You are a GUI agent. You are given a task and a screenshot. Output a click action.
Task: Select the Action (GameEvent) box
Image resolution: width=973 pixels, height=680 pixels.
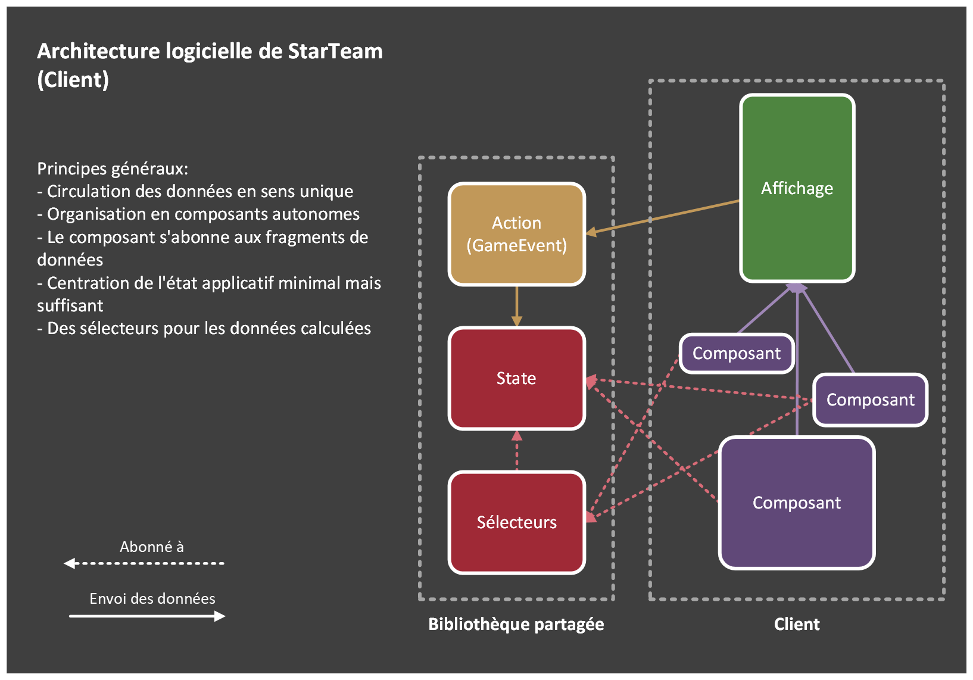pos(516,234)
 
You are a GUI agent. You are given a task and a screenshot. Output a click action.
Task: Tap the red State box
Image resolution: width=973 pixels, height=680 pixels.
pos(516,378)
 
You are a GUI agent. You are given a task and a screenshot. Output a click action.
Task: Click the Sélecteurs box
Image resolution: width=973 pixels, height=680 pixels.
pos(516,522)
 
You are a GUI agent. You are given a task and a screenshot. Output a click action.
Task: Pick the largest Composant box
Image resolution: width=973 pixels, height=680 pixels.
pos(797,503)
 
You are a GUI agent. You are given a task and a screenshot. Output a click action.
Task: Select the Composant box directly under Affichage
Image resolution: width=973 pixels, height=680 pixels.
pos(737,354)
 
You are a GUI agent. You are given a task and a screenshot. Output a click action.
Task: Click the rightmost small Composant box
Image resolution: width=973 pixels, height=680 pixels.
pos(870,400)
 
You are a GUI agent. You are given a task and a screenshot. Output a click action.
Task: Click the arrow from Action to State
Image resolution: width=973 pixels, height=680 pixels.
pos(516,305)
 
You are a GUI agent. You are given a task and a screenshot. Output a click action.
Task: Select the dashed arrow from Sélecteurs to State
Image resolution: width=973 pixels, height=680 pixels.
pos(516,451)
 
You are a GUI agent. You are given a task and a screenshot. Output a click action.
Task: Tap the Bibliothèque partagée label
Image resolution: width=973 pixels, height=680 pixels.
pos(516,624)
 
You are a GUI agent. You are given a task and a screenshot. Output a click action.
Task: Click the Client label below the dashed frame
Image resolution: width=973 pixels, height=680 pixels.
pos(797,624)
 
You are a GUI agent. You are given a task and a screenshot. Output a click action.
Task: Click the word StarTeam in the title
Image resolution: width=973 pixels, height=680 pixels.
pos(335,51)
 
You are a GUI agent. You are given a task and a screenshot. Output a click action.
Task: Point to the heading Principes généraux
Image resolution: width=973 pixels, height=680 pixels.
pos(113,169)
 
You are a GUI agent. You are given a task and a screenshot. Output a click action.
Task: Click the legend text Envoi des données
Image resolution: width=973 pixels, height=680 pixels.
pos(152,598)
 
